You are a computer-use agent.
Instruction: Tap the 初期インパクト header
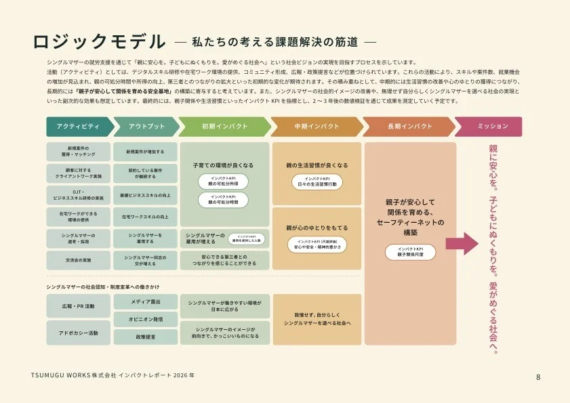225,127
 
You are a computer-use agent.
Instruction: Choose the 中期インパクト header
316,127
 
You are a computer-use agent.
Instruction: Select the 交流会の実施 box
78,260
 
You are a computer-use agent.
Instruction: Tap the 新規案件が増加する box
145,150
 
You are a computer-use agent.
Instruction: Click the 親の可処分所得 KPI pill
223,182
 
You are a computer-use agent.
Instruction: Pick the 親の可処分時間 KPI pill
223,200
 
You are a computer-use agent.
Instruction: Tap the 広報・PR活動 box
78,307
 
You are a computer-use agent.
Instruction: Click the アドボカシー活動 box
78,333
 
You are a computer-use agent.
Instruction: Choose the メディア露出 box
145,300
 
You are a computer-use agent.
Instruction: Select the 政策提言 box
145,337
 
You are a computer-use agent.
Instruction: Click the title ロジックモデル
98,41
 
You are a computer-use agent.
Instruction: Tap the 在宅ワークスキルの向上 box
145,217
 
